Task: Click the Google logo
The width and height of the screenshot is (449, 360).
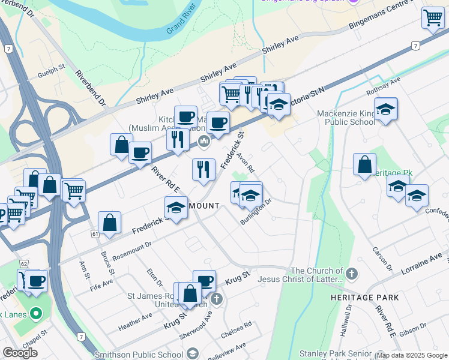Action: (20, 353)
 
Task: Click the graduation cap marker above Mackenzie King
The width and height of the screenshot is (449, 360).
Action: (386, 109)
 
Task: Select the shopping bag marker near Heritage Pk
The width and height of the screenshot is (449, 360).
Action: (364, 164)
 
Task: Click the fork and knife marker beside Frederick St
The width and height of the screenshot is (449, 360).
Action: (203, 169)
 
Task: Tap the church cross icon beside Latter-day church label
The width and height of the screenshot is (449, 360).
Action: (352, 274)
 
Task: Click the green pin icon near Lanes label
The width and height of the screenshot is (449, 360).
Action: (35, 313)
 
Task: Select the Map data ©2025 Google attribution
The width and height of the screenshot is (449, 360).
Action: (412, 355)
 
